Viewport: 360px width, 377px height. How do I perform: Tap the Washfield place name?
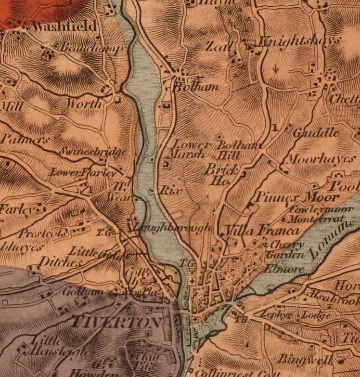tap(64, 26)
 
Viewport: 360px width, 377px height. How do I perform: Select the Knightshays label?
tap(296, 42)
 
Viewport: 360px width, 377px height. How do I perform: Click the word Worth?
tap(84, 104)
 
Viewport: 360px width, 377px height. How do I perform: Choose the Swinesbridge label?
tap(93, 152)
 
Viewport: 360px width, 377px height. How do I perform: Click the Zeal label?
tap(220, 47)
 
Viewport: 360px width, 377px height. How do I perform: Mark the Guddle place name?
tap(316, 132)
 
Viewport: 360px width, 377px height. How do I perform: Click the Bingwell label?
tap(312, 360)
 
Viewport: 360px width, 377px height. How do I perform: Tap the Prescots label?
tap(39, 234)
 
